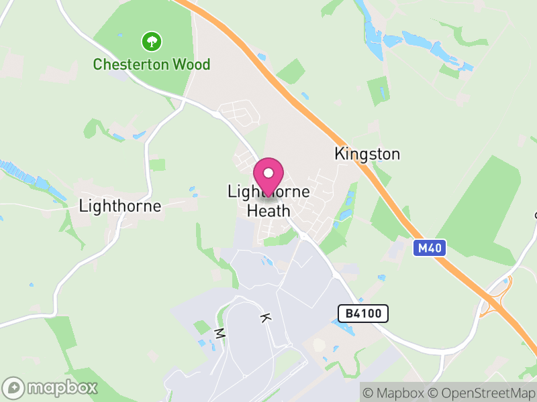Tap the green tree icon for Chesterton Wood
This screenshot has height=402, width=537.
tap(152, 42)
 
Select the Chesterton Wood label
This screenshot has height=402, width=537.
tap(152, 65)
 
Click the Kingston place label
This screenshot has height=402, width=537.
tap(367, 154)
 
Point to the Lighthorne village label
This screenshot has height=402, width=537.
tap(120, 206)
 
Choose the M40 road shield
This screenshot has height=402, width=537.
tap(429, 249)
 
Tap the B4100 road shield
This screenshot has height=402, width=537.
tap(362, 313)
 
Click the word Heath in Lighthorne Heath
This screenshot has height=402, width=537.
tap(268, 210)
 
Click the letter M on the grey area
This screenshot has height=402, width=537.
tap(218, 333)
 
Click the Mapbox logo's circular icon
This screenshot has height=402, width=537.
tap(14, 387)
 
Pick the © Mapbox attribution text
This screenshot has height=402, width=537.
tap(397, 393)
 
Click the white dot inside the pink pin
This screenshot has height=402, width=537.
tap(268, 173)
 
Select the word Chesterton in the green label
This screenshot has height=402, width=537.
tap(132, 65)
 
